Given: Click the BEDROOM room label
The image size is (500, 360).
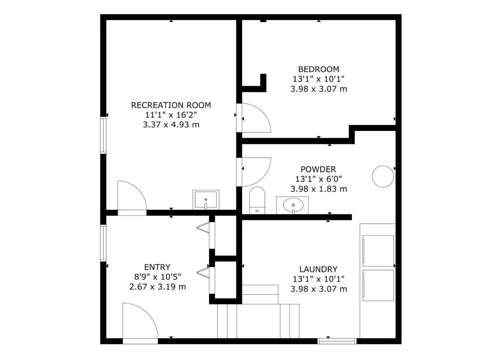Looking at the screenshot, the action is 319,69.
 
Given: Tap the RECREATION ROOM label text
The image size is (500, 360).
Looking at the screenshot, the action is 171,105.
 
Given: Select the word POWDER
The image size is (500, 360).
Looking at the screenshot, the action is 318,169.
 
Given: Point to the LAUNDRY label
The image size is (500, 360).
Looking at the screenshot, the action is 318,269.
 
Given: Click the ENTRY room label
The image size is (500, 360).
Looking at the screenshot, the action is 157,267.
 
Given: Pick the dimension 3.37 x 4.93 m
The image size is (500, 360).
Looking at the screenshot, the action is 171,125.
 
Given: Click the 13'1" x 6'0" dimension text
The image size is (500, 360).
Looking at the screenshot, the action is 319,179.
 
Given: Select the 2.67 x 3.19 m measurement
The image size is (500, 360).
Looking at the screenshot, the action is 157,287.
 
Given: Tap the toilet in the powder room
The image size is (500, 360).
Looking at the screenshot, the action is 257,200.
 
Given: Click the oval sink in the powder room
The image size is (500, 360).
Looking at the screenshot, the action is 293,205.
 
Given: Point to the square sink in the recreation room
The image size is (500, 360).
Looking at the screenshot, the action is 206,200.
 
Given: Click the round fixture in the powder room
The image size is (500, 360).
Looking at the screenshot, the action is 383,176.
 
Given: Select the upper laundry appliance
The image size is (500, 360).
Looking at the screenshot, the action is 378,251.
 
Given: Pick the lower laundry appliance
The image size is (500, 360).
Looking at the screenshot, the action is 378,285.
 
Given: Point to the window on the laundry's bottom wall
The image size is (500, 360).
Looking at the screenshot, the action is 337,341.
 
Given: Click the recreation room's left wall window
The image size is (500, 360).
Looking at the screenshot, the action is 103,135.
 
